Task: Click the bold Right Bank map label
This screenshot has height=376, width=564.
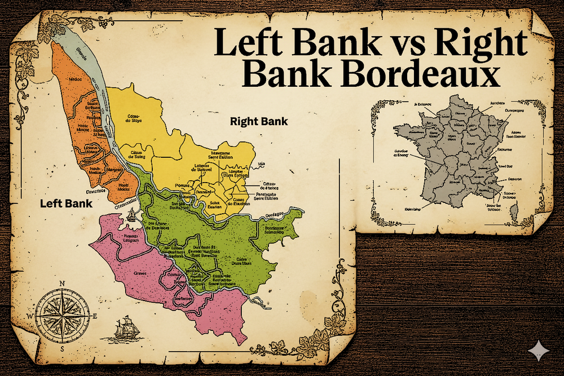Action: tap(259, 121)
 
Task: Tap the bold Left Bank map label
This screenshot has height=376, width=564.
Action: tap(66, 203)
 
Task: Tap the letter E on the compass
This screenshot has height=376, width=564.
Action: tap(95, 316)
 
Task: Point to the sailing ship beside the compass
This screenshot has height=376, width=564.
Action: tap(124, 329)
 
